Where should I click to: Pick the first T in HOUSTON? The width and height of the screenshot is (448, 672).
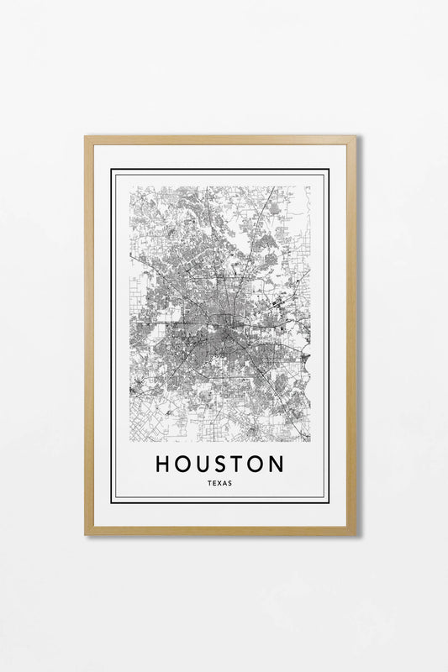pyautogui.click(x=239, y=464)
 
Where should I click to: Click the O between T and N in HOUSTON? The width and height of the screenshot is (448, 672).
pyautogui.click(x=256, y=464)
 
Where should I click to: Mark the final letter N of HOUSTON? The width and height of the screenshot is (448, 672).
pyautogui.click(x=277, y=464)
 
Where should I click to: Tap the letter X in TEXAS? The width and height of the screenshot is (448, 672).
pyautogui.click(x=219, y=483)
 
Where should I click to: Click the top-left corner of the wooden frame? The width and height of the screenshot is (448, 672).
pyautogui.click(x=86, y=137)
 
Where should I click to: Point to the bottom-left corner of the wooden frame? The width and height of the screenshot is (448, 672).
pyautogui.click(x=86, y=533)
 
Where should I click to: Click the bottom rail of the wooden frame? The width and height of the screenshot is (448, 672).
pyautogui.click(x=220, y=530)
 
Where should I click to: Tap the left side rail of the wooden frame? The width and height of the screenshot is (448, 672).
pyautogui.click(x=89, y=336)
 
